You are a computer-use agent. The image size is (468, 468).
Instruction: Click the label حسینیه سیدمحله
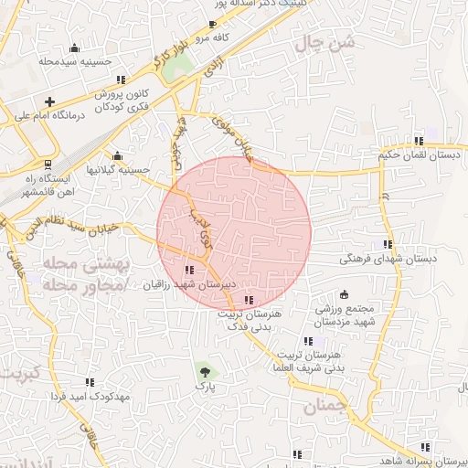pyautogui.click(x=74, y=61)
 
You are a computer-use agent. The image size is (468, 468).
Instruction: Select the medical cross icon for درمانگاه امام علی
pyautogui.click(x=49, y=101)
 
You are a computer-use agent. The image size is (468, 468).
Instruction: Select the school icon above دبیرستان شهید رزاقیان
pyautogui.click(x=190, y=270)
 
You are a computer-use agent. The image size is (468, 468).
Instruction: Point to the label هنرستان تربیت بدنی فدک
pyautogui.click(x=249, y=319)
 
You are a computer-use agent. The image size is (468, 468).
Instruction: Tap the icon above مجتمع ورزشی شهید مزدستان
pyautogui.click(x=344, y=294)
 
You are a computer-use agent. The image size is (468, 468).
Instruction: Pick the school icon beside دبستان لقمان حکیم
pyautogui.click(x=418, y=141)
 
